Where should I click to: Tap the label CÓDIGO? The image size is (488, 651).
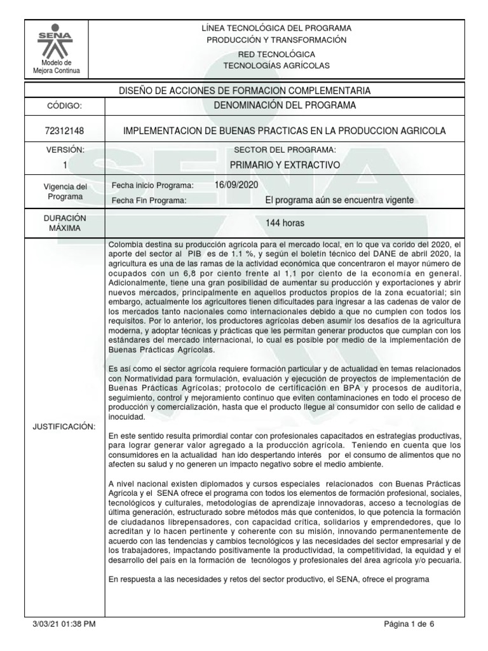(64, 106)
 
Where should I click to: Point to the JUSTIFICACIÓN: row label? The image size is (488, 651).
(64, 426)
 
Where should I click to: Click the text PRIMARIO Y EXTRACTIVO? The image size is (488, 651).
(285, 165)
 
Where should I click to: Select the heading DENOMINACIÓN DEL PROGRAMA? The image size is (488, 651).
(285, 105)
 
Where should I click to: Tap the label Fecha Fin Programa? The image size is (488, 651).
(149, 200)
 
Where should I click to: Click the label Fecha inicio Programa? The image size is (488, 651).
(152, 185)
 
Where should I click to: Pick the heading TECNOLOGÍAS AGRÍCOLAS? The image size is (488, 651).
(276, 65)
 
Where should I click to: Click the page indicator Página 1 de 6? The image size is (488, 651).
(409, 624)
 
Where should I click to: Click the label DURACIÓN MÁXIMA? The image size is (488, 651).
(64, 223)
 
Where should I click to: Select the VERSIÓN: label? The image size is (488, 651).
(64, 149)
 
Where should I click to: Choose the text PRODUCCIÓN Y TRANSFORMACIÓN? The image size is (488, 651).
(276, 39)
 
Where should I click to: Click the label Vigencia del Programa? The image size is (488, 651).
(64, 191)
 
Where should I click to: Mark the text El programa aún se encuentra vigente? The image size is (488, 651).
(339, 200)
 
